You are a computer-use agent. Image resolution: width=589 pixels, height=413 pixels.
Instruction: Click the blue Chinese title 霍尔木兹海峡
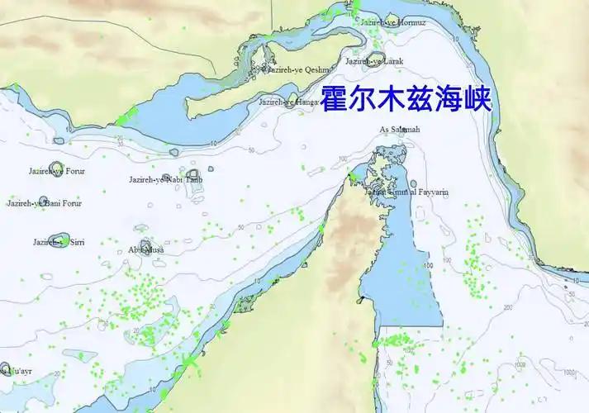coord(406,99)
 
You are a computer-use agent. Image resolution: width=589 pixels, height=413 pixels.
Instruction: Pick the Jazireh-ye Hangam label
coord(289,102)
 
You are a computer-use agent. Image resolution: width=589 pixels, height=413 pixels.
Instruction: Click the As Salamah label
coord(400,130)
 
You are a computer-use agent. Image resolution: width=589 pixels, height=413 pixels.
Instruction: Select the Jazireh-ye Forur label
coord(56,171)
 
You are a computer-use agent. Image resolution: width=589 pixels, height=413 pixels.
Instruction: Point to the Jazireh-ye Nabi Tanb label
coord(165,179)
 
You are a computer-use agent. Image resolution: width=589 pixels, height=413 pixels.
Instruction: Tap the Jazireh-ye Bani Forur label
coord(45,202)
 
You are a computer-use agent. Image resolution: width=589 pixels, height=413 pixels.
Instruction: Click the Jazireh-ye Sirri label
coord(58,242)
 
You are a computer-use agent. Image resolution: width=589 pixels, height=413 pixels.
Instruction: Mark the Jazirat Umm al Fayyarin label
coord(407,192)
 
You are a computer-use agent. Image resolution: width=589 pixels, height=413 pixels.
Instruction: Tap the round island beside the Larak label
coord(361,59)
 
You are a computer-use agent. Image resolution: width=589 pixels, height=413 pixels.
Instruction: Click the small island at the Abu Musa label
coord(146,245)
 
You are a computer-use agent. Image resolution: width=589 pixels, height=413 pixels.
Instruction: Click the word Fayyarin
coord(432,192)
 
